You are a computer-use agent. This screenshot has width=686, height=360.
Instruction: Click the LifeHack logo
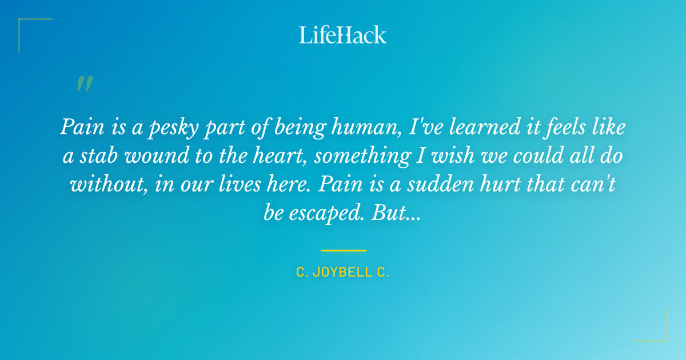coord(343,35)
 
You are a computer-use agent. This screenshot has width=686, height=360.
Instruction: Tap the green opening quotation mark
coord(84,84)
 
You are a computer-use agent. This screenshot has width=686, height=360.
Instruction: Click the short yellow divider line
coord(343,250)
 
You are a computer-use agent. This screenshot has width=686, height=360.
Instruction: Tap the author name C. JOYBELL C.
coord(343,273)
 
